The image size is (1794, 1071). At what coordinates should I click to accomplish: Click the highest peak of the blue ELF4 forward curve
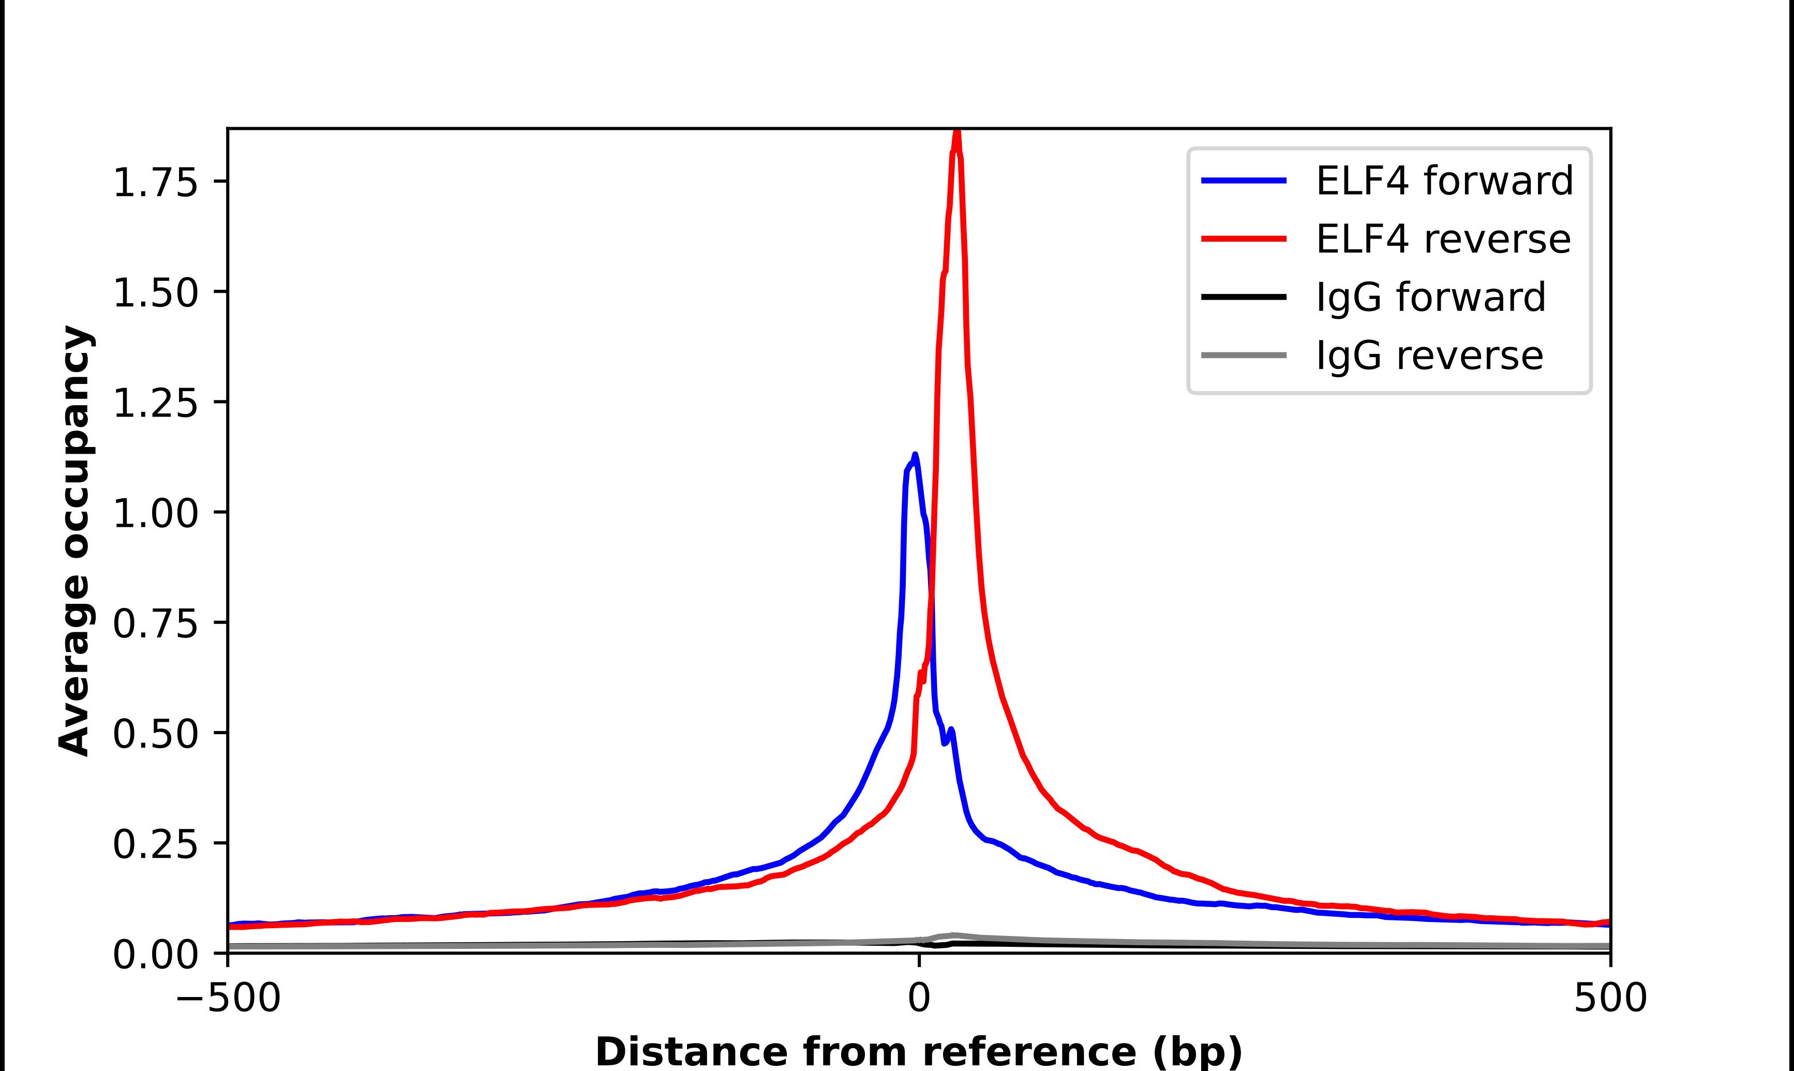[x=915, y=455]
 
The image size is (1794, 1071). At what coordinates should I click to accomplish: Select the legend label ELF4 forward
[x=1444, y=181]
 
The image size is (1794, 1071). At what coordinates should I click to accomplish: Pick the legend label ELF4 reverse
[x=1443, y=239]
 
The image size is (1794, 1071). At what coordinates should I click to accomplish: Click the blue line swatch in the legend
[x=1244, y=181]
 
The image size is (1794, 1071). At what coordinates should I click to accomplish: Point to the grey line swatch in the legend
[x=1244, y=355]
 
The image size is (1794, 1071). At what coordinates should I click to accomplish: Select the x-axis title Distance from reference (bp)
[x=918, y=1051]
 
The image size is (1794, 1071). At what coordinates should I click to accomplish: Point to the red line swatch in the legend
[x=1244, y=239]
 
